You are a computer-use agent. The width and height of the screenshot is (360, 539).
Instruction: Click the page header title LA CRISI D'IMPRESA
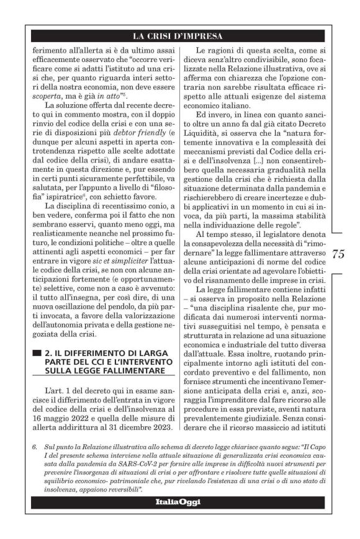[180, 35]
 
